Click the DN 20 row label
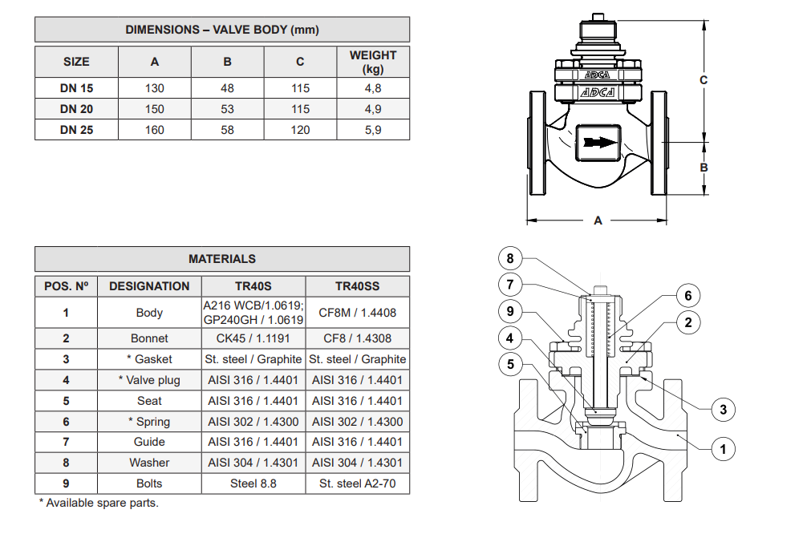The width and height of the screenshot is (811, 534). coord(76,109)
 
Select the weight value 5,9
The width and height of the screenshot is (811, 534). coord(373,130)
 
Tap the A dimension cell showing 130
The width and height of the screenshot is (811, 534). coord(155,88)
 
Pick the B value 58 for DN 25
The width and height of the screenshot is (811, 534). coord(228,130)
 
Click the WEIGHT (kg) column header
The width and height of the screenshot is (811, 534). coord(373,62)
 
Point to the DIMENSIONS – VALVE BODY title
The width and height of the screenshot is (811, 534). coord(222,30)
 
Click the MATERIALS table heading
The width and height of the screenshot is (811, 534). coord(222,259)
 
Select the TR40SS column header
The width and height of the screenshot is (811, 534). coord(358,286)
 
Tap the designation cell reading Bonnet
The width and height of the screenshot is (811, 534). coord(149,338)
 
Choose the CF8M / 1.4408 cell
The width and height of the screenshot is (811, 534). coord(358,313)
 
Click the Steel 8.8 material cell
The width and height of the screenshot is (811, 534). coord(253,483)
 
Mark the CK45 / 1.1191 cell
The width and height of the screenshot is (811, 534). coord(253,338)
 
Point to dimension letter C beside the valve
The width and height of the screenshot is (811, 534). coord(704,80)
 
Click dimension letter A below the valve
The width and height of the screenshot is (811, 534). coord(598,220)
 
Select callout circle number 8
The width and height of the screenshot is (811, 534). coord(510,258)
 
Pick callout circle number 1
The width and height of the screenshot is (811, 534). coord(723,449)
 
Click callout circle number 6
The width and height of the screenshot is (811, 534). coord(687,296)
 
